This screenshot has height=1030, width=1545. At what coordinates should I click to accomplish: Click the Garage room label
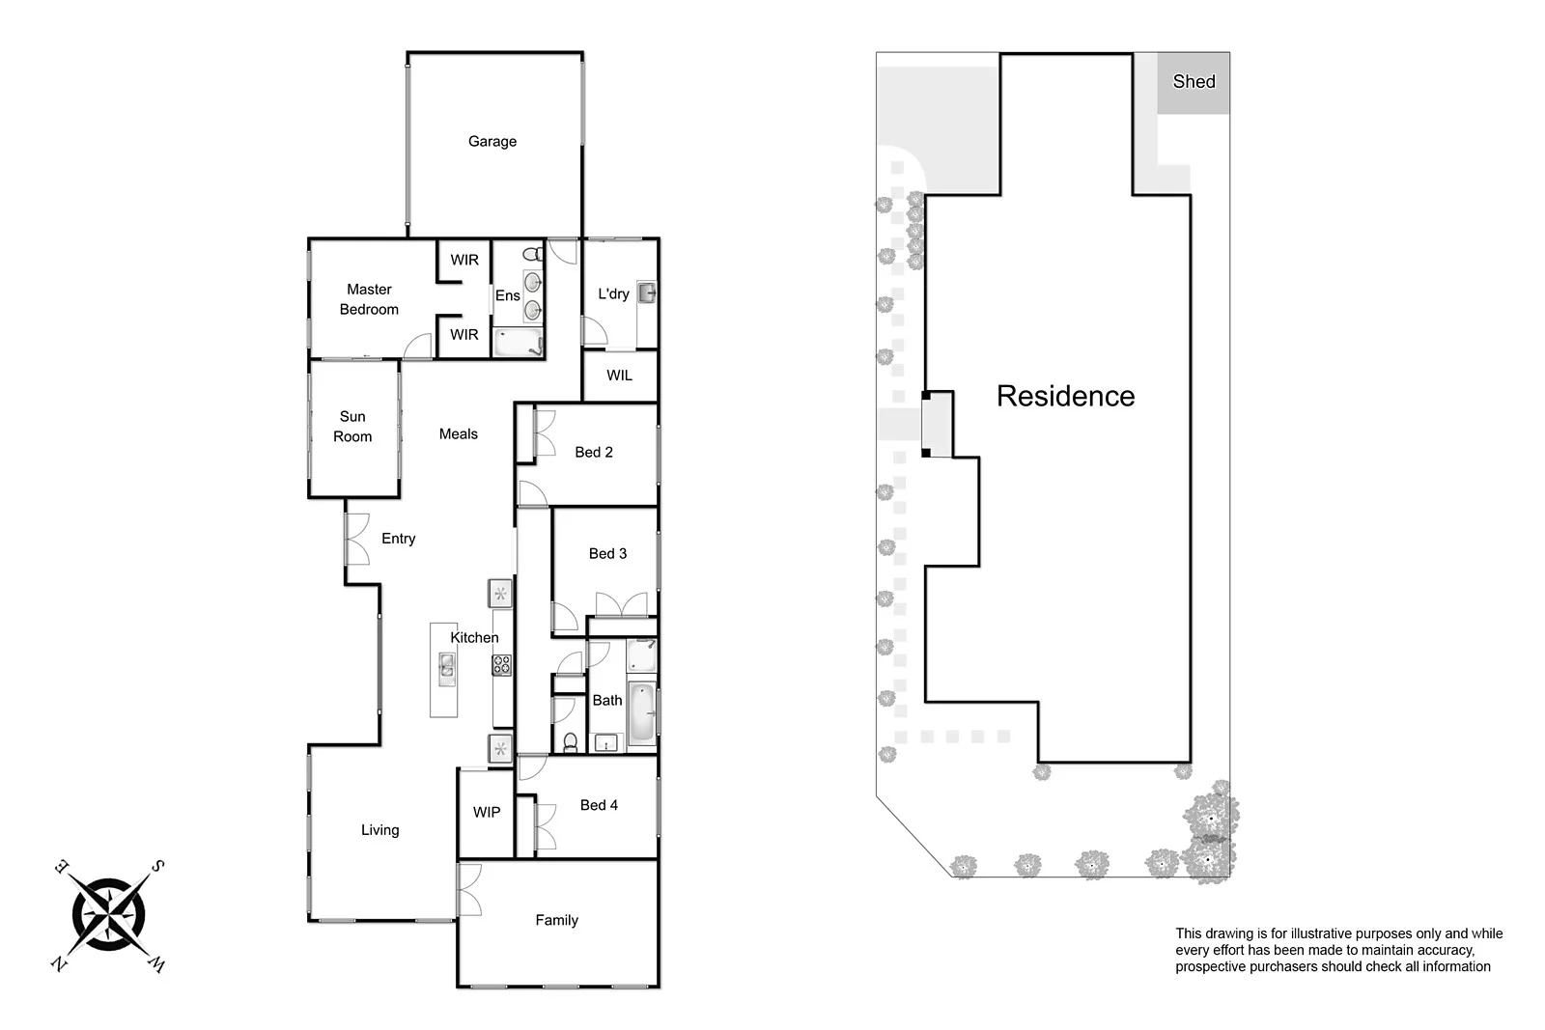click(492, 141)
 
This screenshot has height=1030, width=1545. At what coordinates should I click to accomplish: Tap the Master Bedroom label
click(369, 299)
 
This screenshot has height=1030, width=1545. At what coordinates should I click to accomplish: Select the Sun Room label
click(352, 427)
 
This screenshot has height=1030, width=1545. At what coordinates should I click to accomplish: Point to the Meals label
click(459, 434)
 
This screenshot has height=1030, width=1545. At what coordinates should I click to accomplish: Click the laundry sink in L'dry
click(646, 292)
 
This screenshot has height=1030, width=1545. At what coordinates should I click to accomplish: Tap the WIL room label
click(619, 376)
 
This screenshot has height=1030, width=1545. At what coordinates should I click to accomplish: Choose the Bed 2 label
click(594, 452)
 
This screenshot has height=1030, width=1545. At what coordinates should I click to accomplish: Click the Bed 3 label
click(607, 553)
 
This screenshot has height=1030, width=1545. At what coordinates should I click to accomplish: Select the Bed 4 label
click(599, 805)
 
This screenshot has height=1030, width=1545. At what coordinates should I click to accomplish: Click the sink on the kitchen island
click(446, 666)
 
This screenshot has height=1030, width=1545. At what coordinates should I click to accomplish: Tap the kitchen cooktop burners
click(501, 664)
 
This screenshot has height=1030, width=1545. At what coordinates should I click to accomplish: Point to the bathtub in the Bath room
click(641, 712)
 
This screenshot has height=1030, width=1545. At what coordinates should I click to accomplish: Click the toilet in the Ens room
click(531, 255)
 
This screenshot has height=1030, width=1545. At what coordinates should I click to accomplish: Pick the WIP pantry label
click(487, 813)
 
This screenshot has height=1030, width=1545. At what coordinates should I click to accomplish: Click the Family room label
click(557, 921)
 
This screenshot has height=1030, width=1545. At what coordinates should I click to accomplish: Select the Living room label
click(379, 830)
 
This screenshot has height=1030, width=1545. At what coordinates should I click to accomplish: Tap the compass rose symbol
click(108, 914)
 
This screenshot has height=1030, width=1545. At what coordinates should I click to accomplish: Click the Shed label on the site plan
click(1194, 82)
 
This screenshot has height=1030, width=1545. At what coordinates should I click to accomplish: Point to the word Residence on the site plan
click(1065, 396)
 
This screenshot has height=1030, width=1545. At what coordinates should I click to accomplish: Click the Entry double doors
click(356, 539)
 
